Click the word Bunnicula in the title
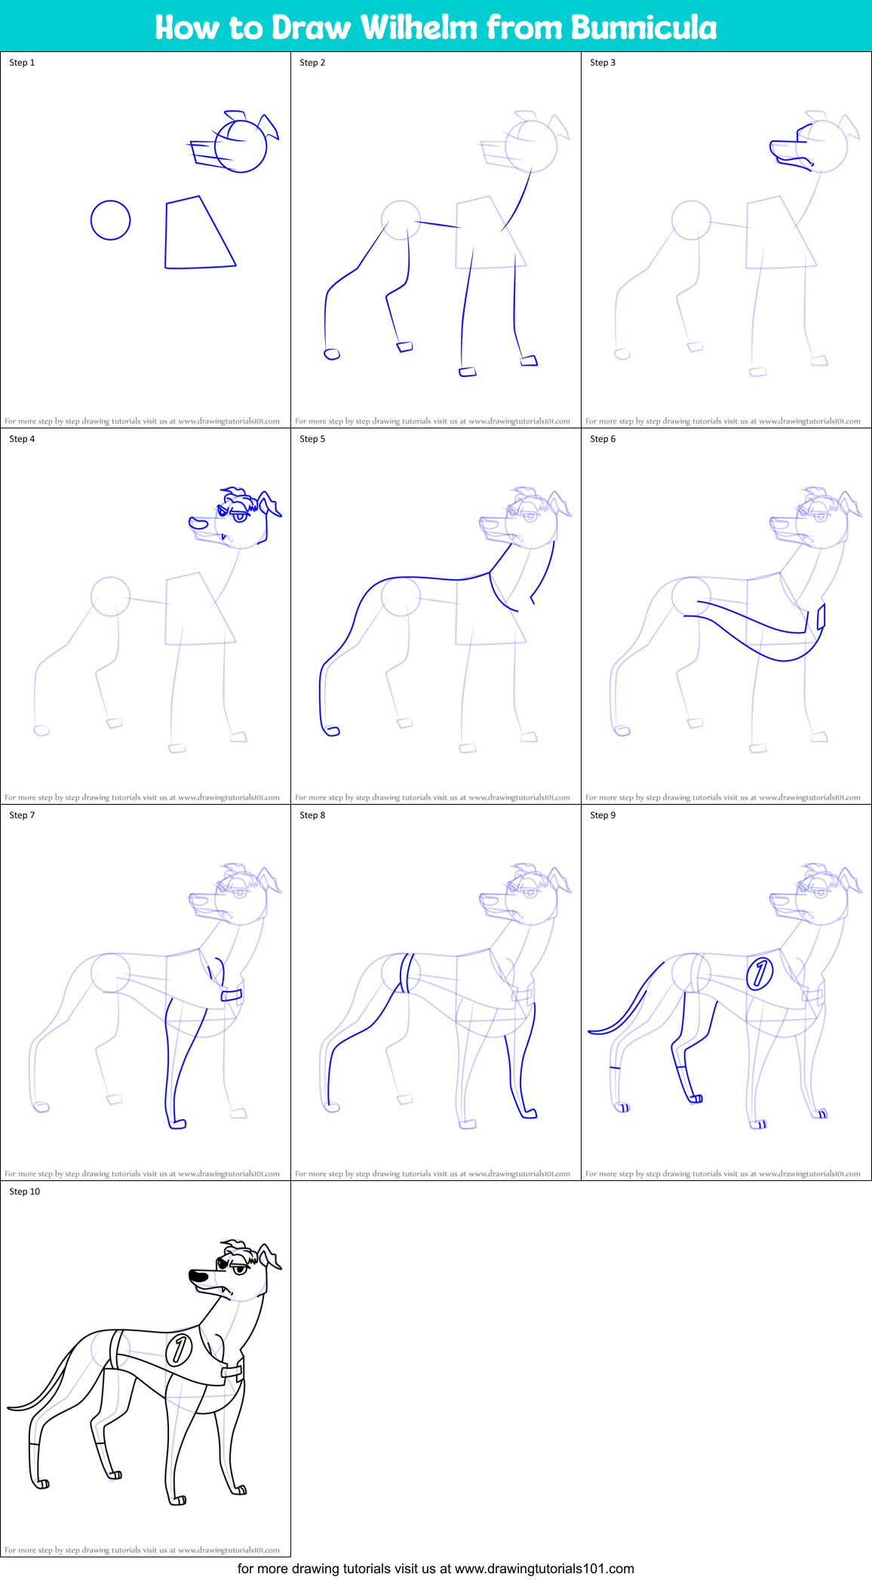[x=643, y=27]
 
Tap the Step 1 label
[x=22, y=63]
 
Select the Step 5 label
[x=312, y=439]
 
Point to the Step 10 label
[x=24, y=1192]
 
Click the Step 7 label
[x=22, y=815]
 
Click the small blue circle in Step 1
[x=111, y=220]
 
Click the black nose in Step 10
[x=198, y=1275]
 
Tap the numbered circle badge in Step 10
[x=179, y=1349]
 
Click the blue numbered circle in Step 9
[x=760, y=973]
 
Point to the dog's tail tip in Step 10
[x=11, y=1407]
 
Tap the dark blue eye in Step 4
[x=240, y=517]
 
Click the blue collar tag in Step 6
[x=821, y=615]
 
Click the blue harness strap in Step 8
[x=406, y=973]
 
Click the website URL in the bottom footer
[x=544, y=1569]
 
